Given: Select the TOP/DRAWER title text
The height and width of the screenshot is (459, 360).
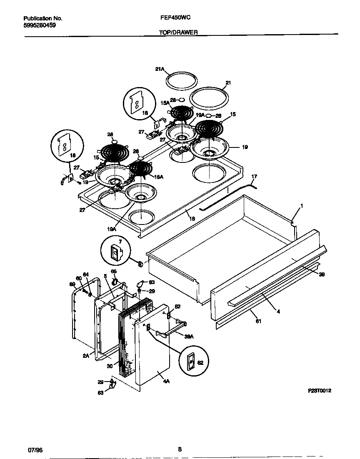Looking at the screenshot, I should coord(178,32).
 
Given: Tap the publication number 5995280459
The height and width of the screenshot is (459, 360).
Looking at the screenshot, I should coord(40,25).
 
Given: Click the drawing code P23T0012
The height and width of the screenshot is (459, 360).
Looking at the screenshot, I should coord(320,391).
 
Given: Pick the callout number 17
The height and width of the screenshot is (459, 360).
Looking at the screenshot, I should coord(254,177).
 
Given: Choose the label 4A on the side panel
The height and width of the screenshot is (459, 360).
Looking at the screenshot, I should coord(161,375).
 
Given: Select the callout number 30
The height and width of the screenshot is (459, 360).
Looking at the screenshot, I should coord(110,366).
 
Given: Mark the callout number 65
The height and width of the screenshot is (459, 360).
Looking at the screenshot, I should coord(113,271).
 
